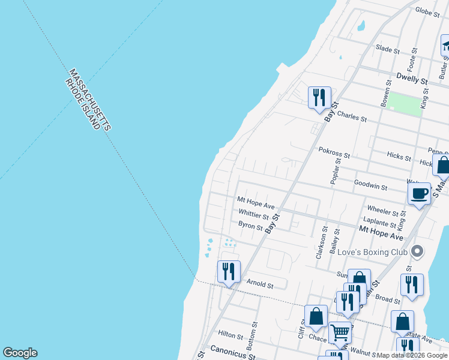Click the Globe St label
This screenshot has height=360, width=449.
click(x=427, y=11)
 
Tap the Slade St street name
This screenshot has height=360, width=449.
click(x=387, y=50)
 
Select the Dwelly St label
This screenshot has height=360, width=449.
click(x=411, y=79)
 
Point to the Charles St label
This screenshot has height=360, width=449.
click(x=352, y=115)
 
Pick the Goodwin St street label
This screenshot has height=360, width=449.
click(x=370, y=186)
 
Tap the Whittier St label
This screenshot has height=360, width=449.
click(x=253, y=214)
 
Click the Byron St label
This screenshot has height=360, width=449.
click(x=250, y=226)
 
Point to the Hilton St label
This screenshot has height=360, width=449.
click(x=230, y=335)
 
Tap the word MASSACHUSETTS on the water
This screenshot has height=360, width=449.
click(x=89, y=99)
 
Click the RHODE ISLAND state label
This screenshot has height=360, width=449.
click(x=82, y=104)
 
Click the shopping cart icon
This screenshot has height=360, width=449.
click(x=340, y=332)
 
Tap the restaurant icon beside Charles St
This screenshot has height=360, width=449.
click(x=319, y=97)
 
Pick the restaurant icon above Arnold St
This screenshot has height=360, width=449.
click(x=228, y=271)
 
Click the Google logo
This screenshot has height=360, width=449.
click(x=20, y=353)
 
